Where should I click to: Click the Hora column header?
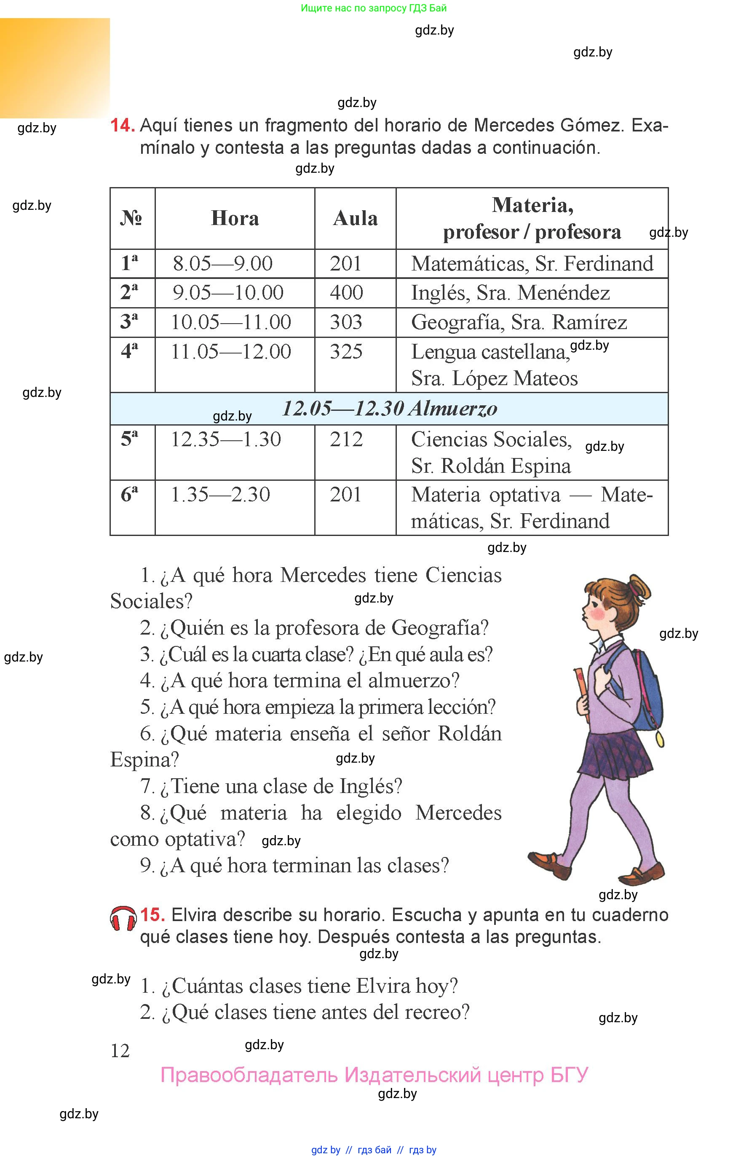tap(235, 218)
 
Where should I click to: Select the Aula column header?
tap(355, 218)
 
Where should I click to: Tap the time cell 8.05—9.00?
tap(223, 264)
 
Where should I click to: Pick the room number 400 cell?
tap(346, 293)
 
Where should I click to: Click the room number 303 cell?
tap(346, 322)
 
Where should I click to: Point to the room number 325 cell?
tap(346, 352)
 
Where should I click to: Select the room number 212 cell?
tap(346, 439)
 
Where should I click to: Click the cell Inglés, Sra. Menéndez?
tap(510, 293)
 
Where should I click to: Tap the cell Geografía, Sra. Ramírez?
tap(519, 322)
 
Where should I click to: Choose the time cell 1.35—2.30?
tap(220, 495)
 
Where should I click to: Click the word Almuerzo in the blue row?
tap(453, 409)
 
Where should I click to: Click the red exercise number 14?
tap(122, 126)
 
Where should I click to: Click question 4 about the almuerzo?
tap(300, 680)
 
